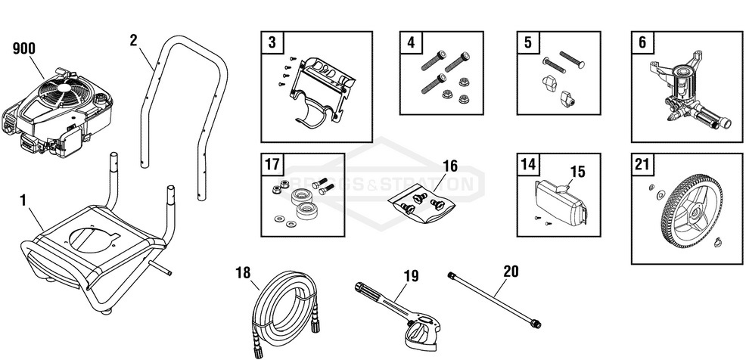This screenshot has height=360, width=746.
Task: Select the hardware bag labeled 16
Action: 421,202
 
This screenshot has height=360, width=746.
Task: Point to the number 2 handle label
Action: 133,41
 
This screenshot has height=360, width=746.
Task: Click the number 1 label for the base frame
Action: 23,200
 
